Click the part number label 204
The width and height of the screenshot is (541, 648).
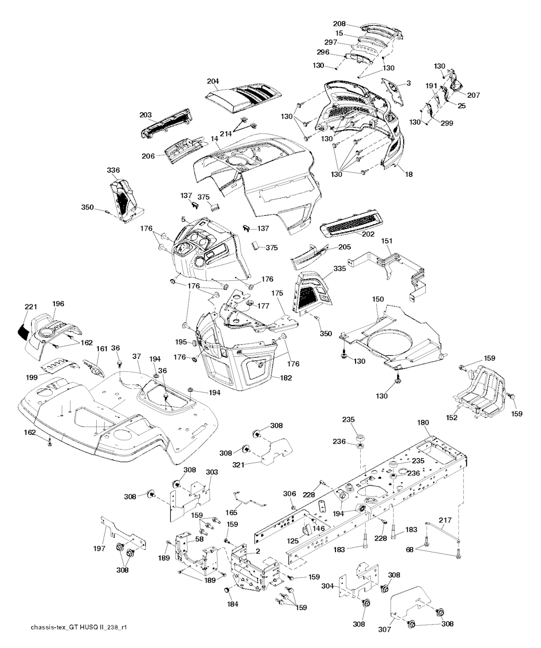point(213,81)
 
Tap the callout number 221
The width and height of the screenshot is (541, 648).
point(31,307)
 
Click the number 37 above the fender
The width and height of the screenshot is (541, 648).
point(137,357)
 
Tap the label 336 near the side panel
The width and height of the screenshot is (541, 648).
point(113,170)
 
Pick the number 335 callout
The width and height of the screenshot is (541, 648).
point(339,269)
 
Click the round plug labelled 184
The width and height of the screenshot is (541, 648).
point(228,589)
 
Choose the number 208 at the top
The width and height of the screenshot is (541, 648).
point(339,24)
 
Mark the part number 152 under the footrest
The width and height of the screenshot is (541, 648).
point(452,417)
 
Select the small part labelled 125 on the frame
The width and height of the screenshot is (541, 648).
point(307,527)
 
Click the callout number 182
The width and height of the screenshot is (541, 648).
point(286,378)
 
